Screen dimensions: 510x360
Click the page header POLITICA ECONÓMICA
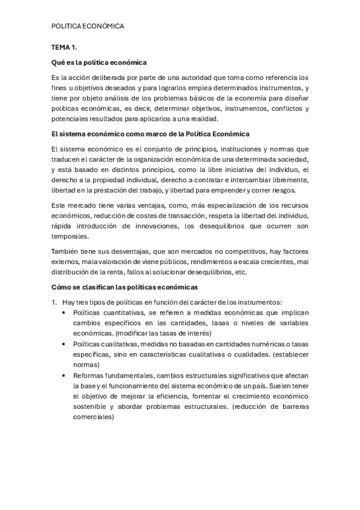coord(88,26)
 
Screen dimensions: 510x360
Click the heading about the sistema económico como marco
coord(150,134)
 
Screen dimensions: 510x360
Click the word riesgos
coord(282,190)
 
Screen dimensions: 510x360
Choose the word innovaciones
coord(174,226)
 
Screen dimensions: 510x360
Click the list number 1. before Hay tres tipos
coord(54,302)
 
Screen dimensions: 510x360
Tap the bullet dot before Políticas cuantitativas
coord(64,313)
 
